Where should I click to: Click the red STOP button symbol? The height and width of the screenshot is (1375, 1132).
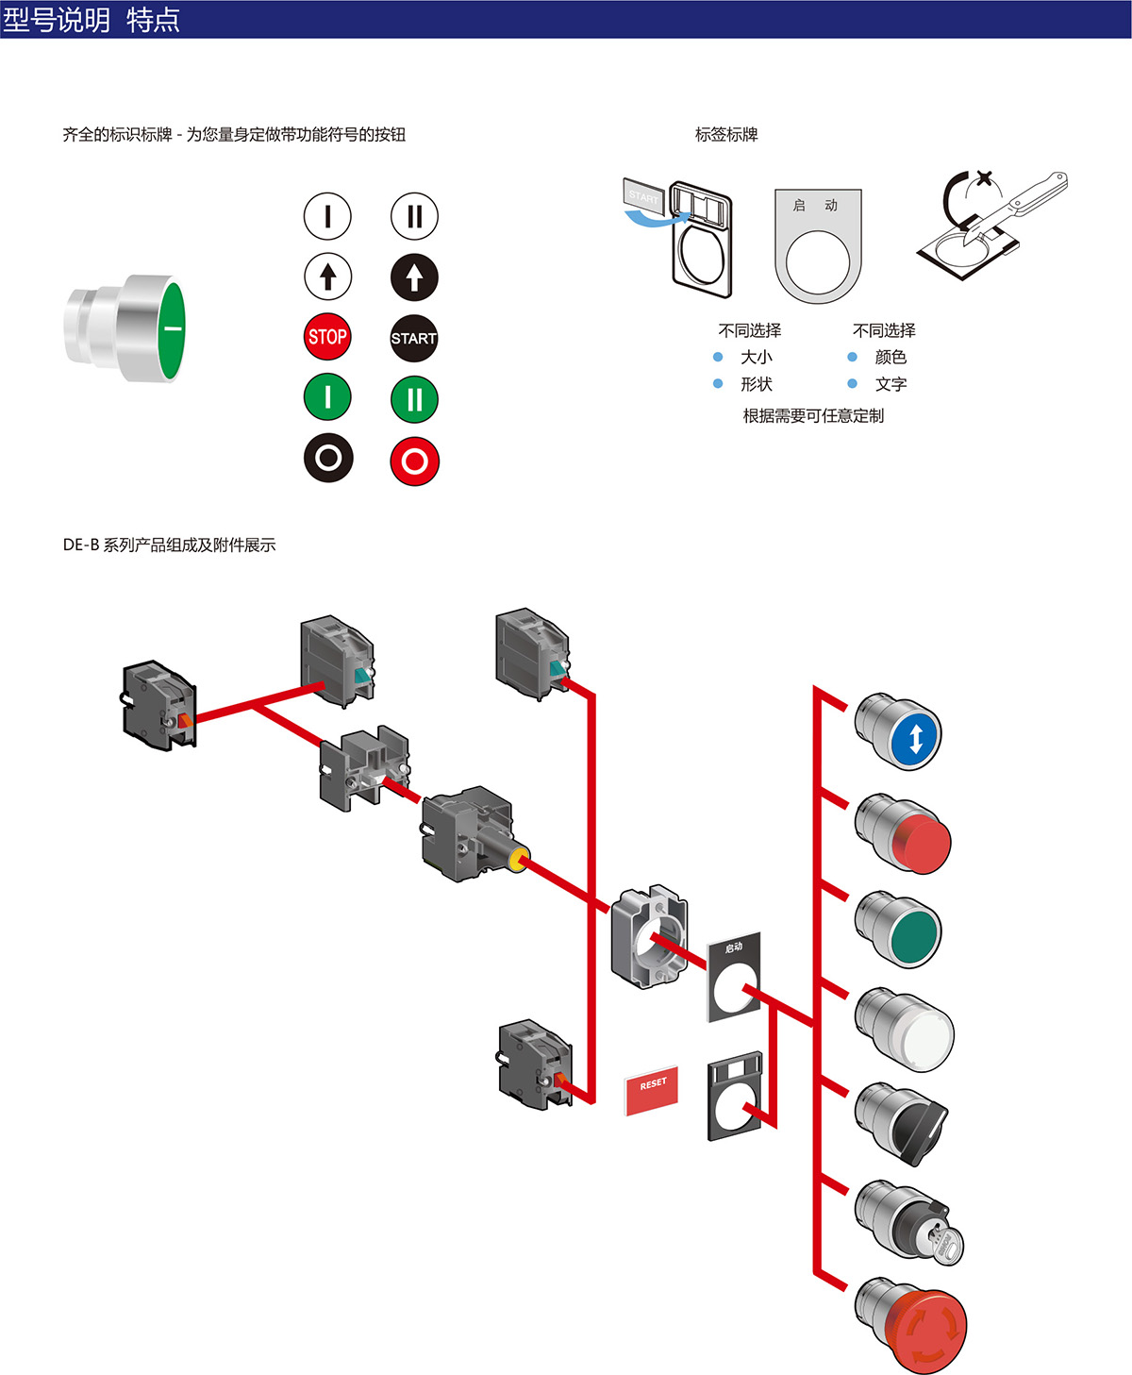point(327,337)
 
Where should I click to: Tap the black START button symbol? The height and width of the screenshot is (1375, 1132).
point(414,338)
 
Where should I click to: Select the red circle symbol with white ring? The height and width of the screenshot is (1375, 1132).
point(414,461)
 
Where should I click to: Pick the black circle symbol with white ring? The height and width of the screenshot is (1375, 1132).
point(328,458)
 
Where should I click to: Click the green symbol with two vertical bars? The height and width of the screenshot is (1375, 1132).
point(414,399)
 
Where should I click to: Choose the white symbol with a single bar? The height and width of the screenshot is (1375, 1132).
point(327,216)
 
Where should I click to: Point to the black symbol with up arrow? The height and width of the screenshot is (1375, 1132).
point(414,277)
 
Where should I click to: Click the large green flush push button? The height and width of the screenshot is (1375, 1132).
point(132,327)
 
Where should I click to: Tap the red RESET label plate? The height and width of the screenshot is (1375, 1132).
point(652,1091)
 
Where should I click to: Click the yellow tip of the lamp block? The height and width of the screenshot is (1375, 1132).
point(518,860)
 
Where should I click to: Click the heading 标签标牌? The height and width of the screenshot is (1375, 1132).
point(726,135)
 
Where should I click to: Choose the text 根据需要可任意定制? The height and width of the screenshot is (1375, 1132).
point(813,416)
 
